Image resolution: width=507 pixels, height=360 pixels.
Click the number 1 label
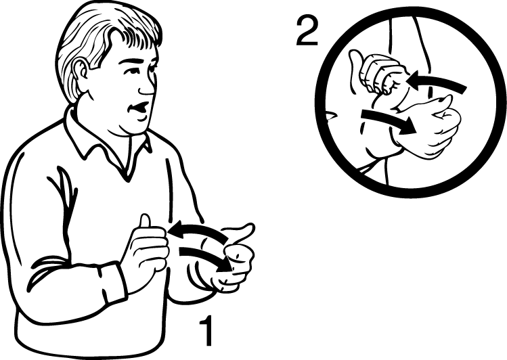pos(206,330)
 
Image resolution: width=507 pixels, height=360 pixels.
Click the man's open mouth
pos(139,108)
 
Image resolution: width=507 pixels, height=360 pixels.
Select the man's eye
pos(150,68)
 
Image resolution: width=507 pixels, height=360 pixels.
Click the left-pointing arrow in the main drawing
pos(198,231)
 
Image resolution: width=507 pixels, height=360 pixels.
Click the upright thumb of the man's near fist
pos(145,221)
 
